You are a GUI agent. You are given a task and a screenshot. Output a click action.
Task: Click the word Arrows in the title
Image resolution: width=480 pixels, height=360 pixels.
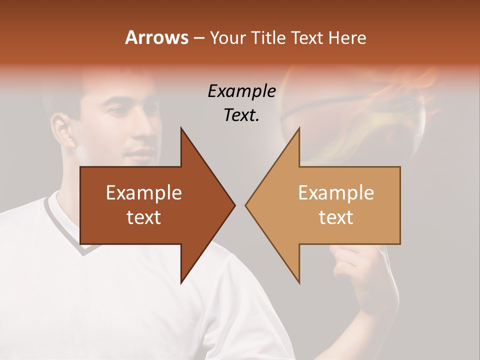(x=156, y=37)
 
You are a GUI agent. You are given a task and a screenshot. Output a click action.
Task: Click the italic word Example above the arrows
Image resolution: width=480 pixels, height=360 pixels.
(x=242, y=91)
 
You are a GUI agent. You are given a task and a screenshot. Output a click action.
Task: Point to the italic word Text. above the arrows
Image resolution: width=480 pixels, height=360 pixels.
(x=242, y=115)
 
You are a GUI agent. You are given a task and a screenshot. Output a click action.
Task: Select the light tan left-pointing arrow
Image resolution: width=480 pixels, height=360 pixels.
(x=330, y=205)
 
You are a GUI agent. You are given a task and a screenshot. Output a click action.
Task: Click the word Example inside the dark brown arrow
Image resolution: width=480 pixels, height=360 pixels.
(x=144, y=193)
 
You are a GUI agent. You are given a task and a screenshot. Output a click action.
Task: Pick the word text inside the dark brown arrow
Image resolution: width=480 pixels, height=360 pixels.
(x=144, y=217)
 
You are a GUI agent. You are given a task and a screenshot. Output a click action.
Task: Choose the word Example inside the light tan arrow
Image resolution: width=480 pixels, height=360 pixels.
(x=336, y=193)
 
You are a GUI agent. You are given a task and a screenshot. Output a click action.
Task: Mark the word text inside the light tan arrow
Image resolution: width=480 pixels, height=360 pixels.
(x=336, y=217)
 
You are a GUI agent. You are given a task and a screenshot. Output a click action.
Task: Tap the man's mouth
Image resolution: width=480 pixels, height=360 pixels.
(x=139, y=152)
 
